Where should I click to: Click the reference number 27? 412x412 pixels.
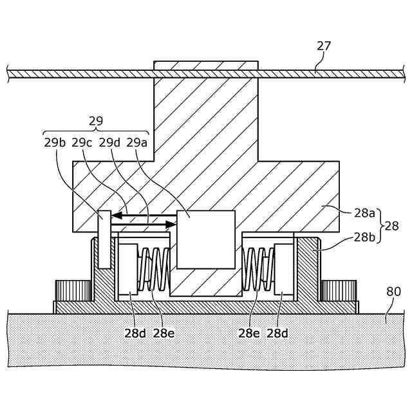tap(324, 46)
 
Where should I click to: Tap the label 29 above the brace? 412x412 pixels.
tap(96, 121)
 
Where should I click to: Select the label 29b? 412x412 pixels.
tap(55, 142)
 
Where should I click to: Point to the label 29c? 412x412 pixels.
tap(82, 142)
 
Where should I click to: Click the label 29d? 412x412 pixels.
tap(109, 142)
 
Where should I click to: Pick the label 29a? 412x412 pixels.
tap(137, 142)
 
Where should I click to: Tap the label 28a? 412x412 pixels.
tap(364, 212)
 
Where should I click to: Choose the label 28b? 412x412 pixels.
tap(364, 237)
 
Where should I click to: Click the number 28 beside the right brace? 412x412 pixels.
tap(391, 225)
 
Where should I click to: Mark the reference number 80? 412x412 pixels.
tap(393, 292)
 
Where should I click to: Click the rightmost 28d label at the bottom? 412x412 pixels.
tap(277, 333)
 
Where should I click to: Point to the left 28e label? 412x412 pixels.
tap(164, 333)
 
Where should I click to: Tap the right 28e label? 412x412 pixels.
tap(250, 333)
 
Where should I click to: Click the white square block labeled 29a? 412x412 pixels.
tap(205, 239)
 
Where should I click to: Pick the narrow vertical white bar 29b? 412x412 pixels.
tap(104, 239)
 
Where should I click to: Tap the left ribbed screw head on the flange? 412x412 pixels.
tap(73, 290)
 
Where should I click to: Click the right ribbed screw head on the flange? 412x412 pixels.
tap(339, 290)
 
